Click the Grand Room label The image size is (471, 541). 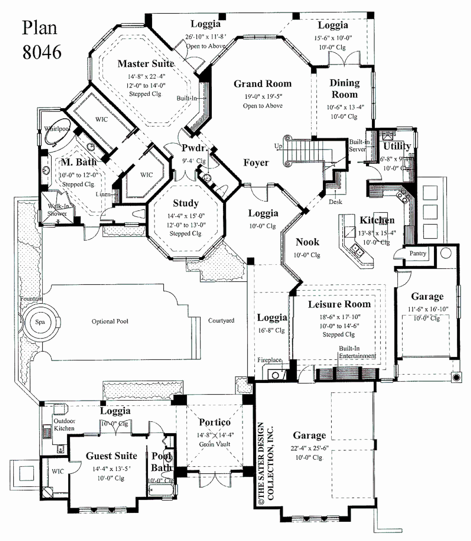(263, 84)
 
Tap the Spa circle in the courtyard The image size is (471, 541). (40, 322)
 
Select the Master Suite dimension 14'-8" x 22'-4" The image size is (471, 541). (146, 76)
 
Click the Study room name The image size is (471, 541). (186, 203)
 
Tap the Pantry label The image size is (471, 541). (418, 253)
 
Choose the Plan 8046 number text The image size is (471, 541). (42, 52)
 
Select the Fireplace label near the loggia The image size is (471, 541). (269, 360)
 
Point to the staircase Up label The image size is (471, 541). (278, 146)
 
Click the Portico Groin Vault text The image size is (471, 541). (214, 444)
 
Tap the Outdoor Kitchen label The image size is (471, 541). (64, 424)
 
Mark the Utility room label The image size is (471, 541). (397, 146)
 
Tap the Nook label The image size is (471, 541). (307, 242)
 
